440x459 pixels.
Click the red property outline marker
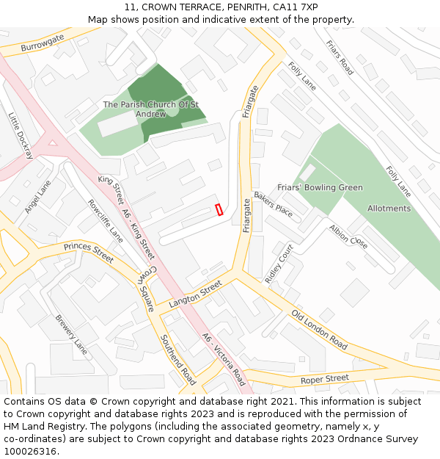[218, 209]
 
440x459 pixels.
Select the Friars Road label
[340, 57]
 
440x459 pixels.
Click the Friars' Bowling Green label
[320, 187]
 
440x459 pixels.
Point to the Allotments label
[389, 208]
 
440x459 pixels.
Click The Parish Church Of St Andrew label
[151, 109]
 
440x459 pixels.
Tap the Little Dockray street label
[21, 136]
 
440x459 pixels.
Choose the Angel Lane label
[37, 197]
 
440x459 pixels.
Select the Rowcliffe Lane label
[106, 221]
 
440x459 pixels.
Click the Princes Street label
[89, 252]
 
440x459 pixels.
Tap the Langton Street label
[195, 294]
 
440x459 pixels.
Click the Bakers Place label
[273, 203]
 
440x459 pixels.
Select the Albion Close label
[348, 236]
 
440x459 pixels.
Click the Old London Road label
[319, 329]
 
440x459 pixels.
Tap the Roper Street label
[325, 379]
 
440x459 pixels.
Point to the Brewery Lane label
[71, 335]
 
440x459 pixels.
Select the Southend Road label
[178, 360]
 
